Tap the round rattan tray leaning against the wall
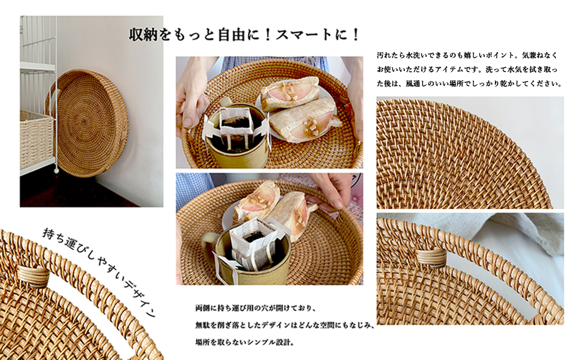coord(91,122)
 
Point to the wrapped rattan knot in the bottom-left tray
coord(34,277)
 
